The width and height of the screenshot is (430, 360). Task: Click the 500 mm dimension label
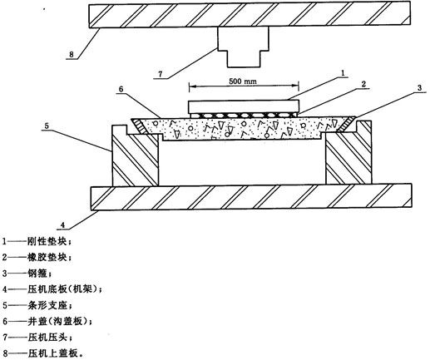243,81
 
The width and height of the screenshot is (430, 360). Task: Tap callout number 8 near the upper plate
72,54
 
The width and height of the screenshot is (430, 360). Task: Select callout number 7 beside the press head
161,74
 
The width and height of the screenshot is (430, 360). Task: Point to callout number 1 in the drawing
343,73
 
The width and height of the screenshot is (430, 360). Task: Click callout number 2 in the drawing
363,84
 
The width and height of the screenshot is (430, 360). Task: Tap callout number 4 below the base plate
63,225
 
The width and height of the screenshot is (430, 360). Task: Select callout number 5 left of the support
47,126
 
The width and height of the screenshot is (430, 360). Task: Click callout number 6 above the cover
121,89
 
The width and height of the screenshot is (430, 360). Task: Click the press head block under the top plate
244,47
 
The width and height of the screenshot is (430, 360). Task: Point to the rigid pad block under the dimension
244,106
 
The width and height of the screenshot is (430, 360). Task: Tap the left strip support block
136,156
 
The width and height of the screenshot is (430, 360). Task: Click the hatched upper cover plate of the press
250,14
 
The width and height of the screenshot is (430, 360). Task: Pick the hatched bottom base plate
251,197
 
